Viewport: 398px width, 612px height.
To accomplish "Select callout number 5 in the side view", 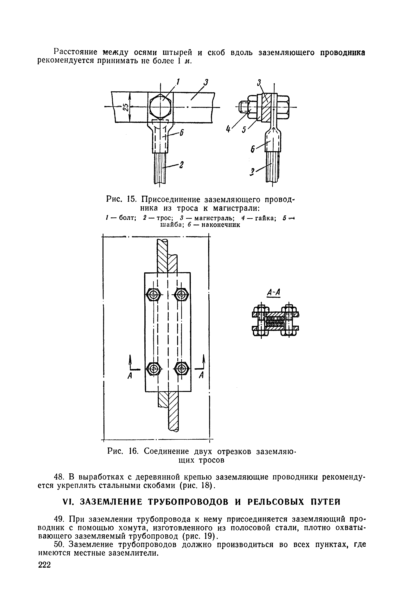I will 244,130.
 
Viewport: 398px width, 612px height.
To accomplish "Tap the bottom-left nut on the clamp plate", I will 154,369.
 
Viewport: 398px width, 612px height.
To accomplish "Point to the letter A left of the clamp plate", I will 130,376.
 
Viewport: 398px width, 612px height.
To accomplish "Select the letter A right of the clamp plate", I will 201,376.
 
